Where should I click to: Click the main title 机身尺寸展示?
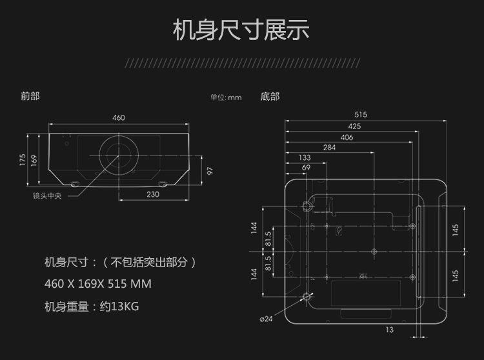241,30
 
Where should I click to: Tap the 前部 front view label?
30,96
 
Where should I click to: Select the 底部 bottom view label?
270,97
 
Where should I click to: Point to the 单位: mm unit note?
225,97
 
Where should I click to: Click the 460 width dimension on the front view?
119,118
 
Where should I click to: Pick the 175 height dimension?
23,159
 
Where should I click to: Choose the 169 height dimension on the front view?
34,159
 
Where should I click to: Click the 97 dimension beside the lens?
209,171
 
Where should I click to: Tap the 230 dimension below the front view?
152,194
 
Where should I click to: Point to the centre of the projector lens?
119,155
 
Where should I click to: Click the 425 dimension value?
354,126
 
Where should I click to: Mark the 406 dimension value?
347,137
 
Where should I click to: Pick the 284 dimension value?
329,148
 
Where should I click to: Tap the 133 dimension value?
305,158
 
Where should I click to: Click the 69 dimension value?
307,168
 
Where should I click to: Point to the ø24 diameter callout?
267,319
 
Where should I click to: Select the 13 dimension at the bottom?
389,330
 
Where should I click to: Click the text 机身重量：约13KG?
92,306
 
